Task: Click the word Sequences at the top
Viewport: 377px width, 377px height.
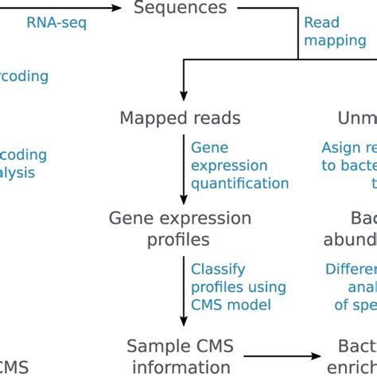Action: pyautogui.click(x=180, y=9)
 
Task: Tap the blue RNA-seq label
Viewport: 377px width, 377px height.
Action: pyautogui.click(x=56, y=23)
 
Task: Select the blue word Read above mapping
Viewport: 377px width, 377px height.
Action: pyautogui.click(x=321, y=23)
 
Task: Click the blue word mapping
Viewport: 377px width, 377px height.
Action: pyautogui.click(x=335, y=41)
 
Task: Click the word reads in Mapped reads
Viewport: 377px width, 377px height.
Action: pyautogui.click(x=216, y=119)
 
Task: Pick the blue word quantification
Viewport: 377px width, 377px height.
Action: pyautogui.click(x=239, y=183)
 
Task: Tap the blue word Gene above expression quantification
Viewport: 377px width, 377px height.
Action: pyautogui.click(x=209, y=148)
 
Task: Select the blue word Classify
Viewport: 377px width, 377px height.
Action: pyautogui.click(x=218, y=269)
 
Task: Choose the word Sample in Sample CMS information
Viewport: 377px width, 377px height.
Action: pyautogui.click(x=156, y=347)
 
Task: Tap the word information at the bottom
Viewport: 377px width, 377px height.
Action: pyautogui.click(x=182, y=367)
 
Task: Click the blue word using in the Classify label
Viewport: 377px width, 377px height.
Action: pyautogui.click(x=264, y=286)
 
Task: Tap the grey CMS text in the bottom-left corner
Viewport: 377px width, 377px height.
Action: pyautogui.click(x=14, y=367)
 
